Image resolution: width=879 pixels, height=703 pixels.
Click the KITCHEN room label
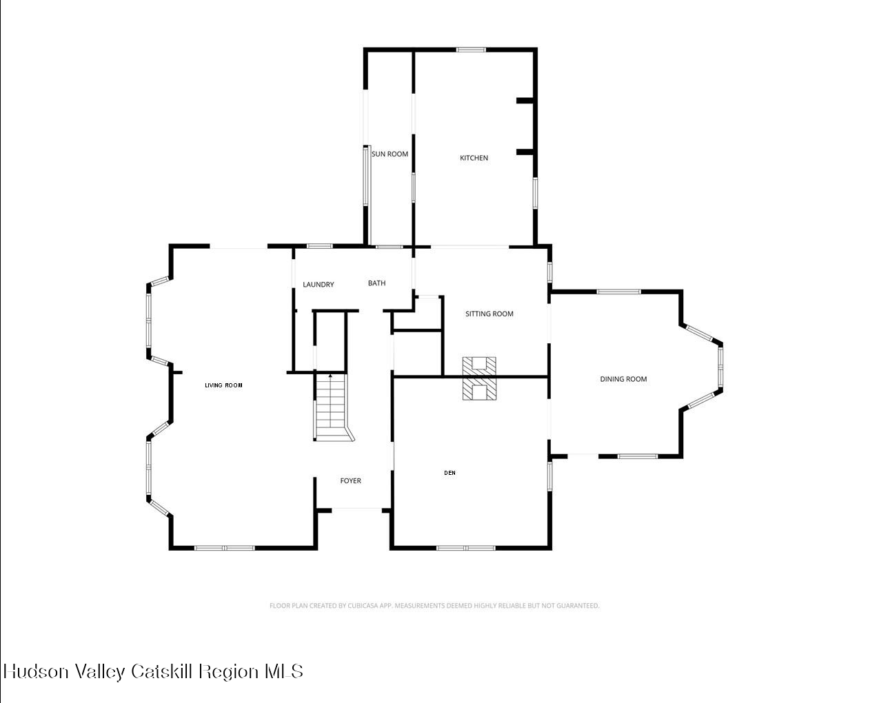(x=474, y=158)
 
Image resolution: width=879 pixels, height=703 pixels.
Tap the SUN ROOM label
(x=390, y=154)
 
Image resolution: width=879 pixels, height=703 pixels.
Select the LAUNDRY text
(x=319, y=285)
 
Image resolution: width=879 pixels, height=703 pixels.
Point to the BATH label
(x=376, y=283)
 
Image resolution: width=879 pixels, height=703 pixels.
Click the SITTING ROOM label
(x=489, y=314)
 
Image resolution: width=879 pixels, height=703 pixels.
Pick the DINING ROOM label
(x=623, y=379)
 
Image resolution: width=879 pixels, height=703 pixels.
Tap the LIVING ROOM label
(x=223, y=385)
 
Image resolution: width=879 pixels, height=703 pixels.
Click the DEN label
(x=449, y=473)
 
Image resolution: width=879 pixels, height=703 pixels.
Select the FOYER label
(x=350, y=481)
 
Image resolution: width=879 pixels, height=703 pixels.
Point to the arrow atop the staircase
(x=330, y=376)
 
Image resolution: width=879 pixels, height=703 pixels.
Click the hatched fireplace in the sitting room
(x=479, y=366)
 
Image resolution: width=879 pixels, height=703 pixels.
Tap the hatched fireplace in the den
(x=479, y=389)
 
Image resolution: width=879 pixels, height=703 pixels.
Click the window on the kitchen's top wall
(x=471, y=50)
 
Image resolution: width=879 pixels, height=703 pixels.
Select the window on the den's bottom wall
(x=466, y=548)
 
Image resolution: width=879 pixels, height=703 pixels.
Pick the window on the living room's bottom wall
(x=224, y=548)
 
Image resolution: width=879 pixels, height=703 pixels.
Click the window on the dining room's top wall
(x=618, y=292)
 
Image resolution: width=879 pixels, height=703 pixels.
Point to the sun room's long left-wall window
(x=366, y=176)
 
